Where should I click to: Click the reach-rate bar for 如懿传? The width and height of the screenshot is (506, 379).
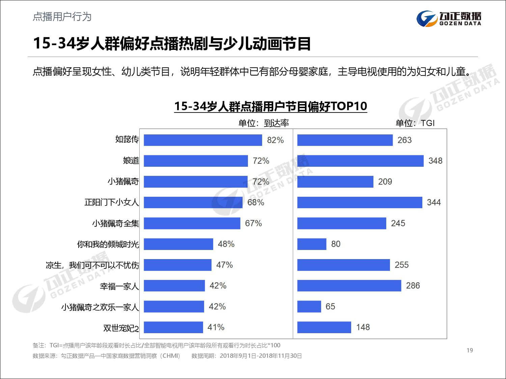click(203, 140)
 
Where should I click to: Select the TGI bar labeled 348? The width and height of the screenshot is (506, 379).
click(360, 161)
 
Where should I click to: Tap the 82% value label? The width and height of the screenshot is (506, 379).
click(275, 140)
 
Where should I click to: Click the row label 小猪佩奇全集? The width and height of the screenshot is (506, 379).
click(115, 223)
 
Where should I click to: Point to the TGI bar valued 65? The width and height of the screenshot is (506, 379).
click(309, 307)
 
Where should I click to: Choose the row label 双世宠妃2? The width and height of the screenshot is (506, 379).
click(121, 328)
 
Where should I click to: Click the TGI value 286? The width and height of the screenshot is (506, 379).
click(413, 286)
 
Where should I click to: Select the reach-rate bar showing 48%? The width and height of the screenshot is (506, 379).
click(178, 244)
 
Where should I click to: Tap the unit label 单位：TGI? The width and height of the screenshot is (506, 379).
click(415, 123)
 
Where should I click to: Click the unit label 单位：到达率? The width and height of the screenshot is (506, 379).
click(263, 123)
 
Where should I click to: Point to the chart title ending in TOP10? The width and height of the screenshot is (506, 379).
click(270, 106)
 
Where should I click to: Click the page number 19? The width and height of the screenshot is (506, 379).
click(470, 350)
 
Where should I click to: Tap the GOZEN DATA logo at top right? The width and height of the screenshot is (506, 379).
click(449, 18)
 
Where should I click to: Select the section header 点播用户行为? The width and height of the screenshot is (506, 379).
click(62, 17)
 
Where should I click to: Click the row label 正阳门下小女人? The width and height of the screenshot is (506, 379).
click(111, 202)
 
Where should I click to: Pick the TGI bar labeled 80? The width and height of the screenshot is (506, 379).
click(312, 244)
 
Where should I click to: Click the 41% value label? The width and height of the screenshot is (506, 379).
click(216, 327)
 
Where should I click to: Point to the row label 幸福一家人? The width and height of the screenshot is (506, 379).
click(119, 286)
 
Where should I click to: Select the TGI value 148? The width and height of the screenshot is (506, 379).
click(363, 327)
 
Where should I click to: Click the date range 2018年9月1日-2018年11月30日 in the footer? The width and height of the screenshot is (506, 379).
click(260, 356)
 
